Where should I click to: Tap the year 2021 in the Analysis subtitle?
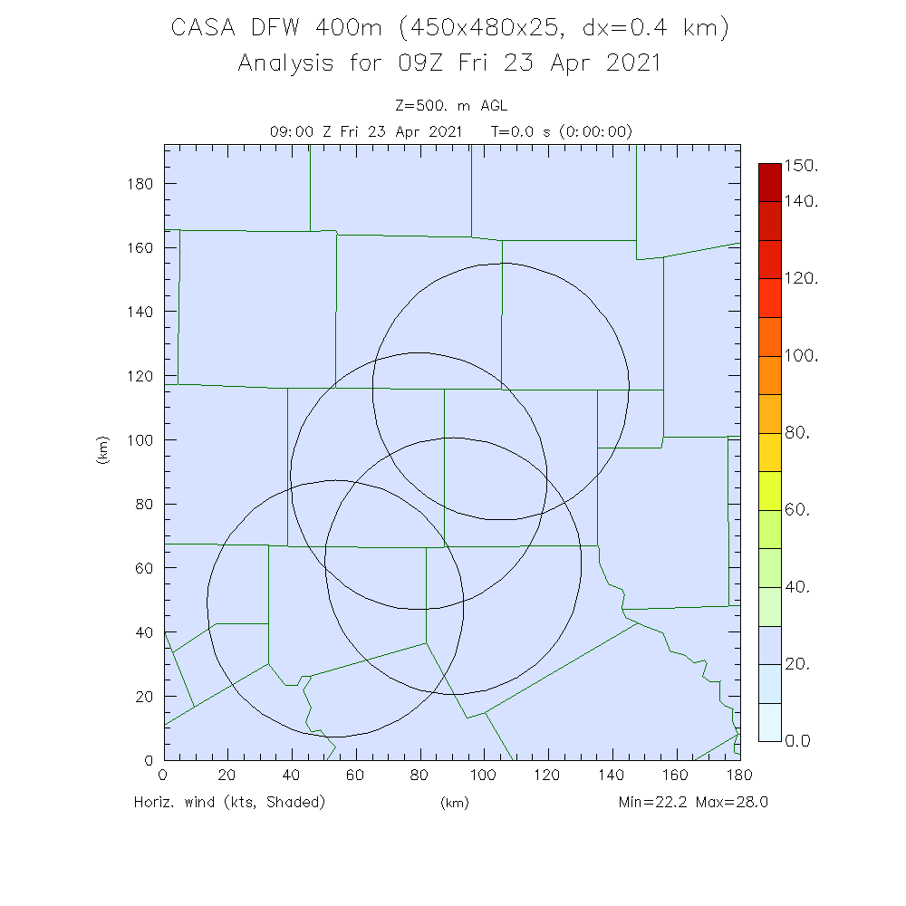tap(633, 63)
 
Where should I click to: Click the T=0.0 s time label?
tap(521, 131)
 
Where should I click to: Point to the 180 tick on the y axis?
tap(141, 184)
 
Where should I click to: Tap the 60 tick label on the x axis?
tap(355, 776)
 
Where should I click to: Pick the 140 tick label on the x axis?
tap(612, 776)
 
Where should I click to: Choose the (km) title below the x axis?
tap(453, 803)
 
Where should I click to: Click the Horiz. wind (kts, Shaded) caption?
tap(229, 802)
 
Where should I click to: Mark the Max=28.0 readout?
tap(732, 802)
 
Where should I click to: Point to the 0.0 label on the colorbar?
tap(799, 741)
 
